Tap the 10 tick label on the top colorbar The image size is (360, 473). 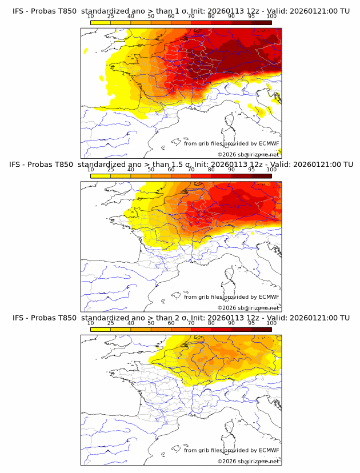(90, 17)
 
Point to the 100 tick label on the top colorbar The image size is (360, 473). (271, 17)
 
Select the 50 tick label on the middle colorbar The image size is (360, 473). (151, 170)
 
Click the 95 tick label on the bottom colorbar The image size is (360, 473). (251, 323)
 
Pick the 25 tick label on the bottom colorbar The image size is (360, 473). (110, 323)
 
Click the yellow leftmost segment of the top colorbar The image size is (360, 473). (100, 22)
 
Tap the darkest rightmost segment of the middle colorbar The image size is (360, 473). (261, 175)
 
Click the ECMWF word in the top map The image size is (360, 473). (269, 143)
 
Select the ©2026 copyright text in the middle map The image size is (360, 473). (226, 307)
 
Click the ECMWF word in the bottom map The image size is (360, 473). (269, 450)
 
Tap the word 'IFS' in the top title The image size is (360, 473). (19, 11)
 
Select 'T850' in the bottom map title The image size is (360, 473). (66, 317)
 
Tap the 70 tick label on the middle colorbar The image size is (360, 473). (191, 170)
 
